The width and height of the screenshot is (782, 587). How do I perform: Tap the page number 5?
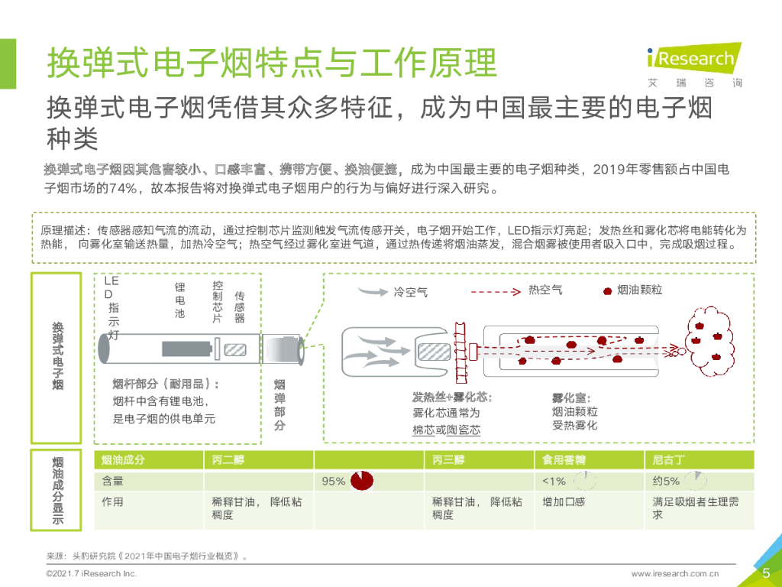pyautogui.click(x=766, y=573)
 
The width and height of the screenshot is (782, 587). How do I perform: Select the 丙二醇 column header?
pyautogui.click(x=228, y=460)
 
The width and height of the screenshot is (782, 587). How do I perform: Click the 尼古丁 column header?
pyautogui.click(x=669, y=460)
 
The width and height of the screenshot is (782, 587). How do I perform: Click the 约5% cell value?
pyautogui.click(x=666, y=482)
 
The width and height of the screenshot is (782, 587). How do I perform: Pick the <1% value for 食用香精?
pyautogui.click(x=554, y=482)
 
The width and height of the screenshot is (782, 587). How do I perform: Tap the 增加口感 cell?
pyautogui.click(x=564, y=502)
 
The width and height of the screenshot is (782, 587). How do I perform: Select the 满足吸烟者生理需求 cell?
pyautogui.click(x=695, y=508)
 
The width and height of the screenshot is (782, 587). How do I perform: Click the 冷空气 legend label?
pyautogui.click(x=410, y=292)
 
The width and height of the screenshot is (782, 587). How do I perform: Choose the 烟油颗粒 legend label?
pyautogui.click(x=639, y=290)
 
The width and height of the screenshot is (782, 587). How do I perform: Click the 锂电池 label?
pyautogui.click(x=180, y=300)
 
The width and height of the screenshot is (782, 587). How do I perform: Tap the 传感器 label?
pyautogui.click(x=239, y=306)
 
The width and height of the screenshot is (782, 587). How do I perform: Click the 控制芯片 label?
pyautogui.click(x=218, y=301)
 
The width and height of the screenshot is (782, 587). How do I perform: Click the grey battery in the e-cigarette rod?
pyautogui.click(x=184, y=350)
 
